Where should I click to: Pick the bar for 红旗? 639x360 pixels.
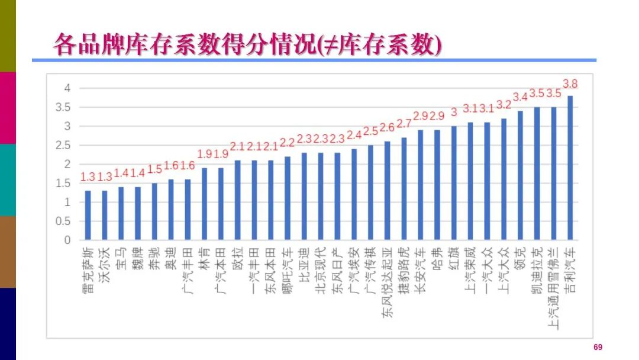click(x=454, y=183)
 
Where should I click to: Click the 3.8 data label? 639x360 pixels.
click(x=570, y=83)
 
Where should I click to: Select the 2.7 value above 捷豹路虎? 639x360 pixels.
click(x=404, y=124)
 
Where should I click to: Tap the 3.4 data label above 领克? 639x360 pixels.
click(x=521, y=97)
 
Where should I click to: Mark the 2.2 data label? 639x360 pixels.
click(x=288, y=143)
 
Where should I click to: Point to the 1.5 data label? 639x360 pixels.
click(x=154, y=169)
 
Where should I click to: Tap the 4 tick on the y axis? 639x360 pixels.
click(x=67, y=89)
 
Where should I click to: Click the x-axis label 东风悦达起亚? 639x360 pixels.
click(x=387, y=284)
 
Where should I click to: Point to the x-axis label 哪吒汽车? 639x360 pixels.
click(x=288, y=270)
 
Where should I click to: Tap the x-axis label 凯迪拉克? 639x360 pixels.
click(x=537, y=270)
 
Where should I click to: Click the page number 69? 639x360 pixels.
click(x=598, y=348)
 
